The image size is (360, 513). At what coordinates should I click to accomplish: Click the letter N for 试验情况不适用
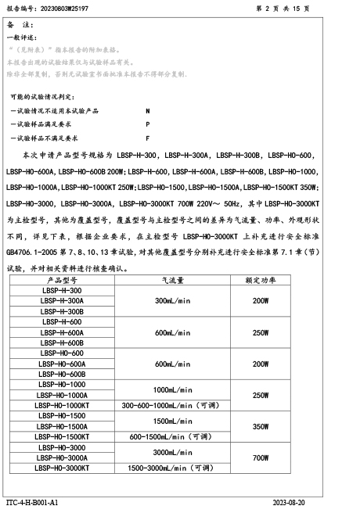point(148,112)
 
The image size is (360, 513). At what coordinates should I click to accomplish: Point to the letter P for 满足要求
point(148,124)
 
